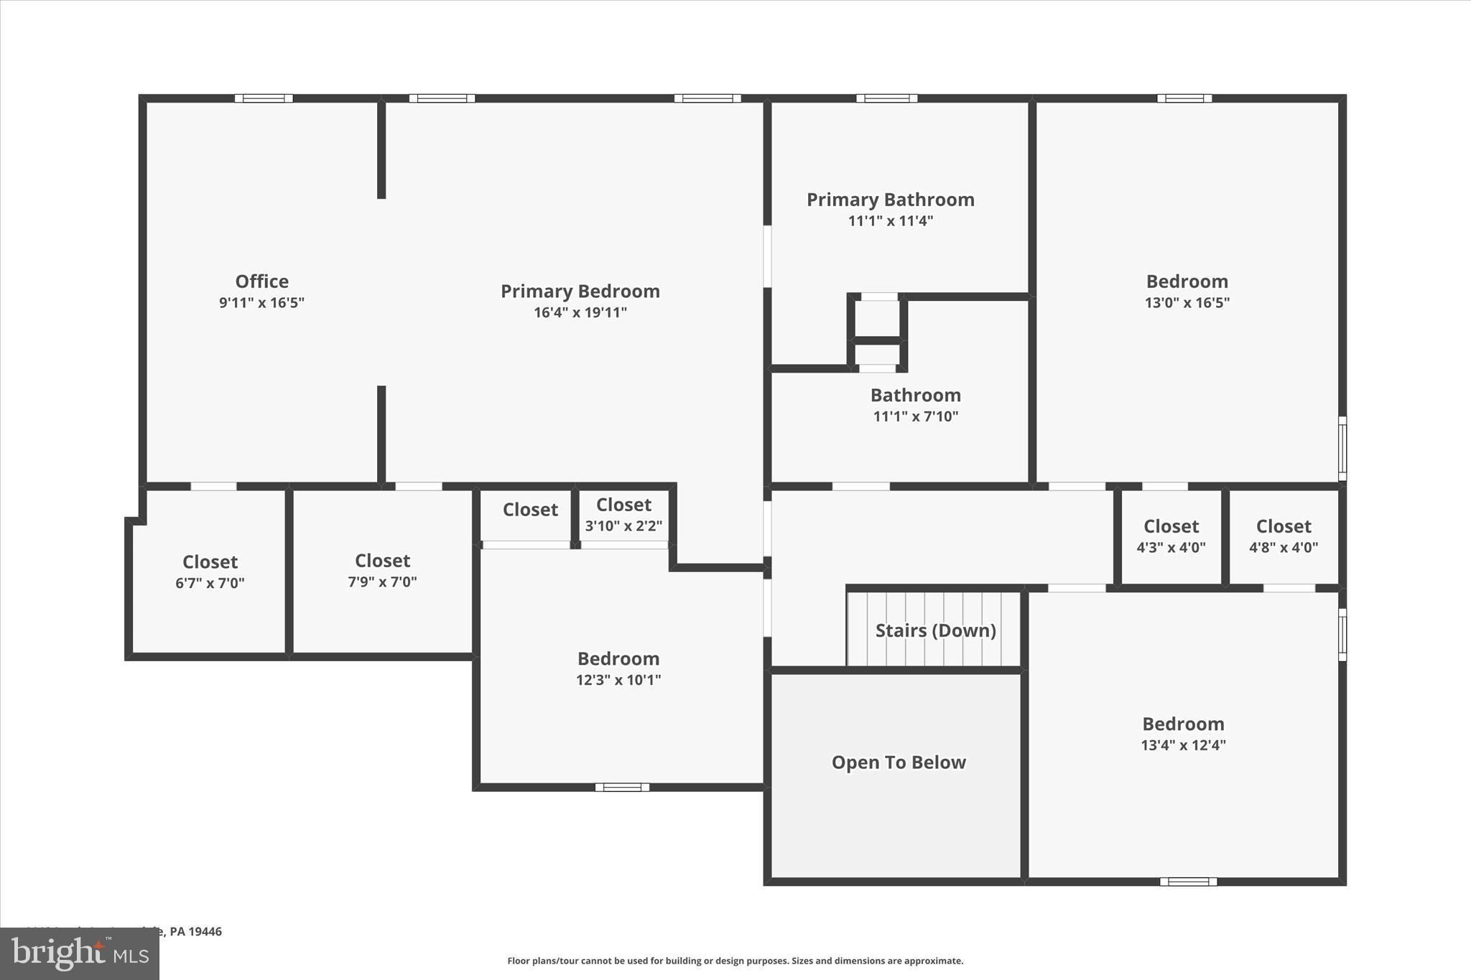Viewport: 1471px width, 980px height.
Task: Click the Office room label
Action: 261,281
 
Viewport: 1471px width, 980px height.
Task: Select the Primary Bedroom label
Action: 580,291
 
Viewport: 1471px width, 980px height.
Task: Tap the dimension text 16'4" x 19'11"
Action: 580,312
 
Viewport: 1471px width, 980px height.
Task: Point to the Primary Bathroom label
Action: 890,200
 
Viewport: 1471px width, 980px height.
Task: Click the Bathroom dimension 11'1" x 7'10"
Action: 915,416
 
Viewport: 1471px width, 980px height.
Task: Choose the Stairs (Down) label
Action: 935,630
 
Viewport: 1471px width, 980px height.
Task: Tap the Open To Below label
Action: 898,762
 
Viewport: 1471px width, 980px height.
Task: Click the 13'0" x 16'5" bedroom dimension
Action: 1187,302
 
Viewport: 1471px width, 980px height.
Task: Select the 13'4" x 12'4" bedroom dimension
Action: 1183,745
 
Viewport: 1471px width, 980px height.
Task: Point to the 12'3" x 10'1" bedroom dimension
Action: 618,680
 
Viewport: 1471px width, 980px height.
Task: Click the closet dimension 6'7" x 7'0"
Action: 210,583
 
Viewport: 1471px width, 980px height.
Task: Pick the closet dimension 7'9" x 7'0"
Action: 382,582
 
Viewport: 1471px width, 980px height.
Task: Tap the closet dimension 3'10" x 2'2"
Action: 623,526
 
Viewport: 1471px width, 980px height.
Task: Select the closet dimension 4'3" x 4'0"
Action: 1171,547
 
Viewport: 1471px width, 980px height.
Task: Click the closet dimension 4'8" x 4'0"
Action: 1283,547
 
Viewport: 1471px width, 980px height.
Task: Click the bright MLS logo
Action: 80,953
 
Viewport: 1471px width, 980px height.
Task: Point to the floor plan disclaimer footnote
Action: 735,961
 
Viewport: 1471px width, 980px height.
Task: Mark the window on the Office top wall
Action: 264,98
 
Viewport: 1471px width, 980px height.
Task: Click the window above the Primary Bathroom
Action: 886,98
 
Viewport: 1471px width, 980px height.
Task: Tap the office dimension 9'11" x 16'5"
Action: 261,302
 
